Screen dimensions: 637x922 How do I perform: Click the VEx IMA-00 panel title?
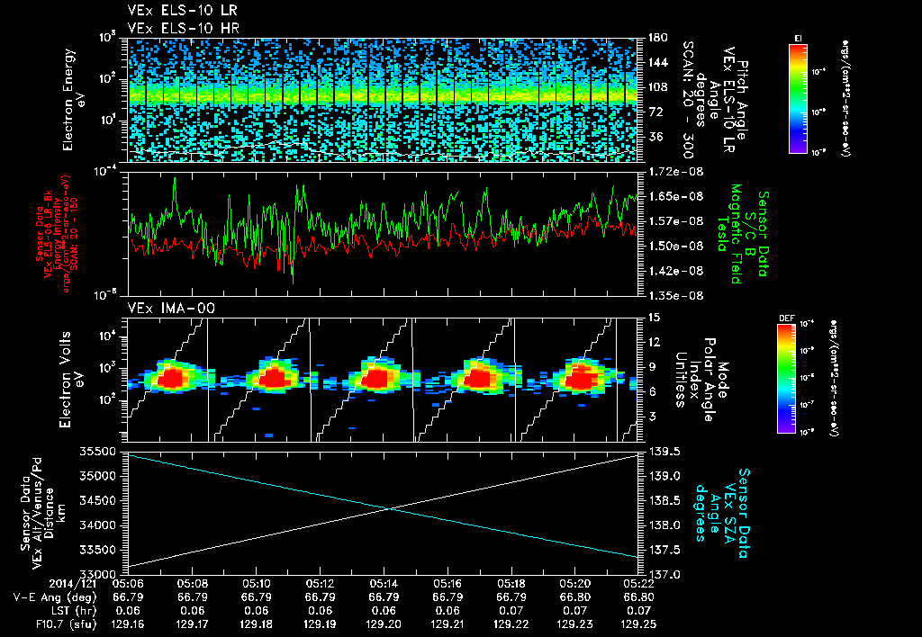point(163,309)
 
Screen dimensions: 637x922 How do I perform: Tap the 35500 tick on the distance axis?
point(101,451)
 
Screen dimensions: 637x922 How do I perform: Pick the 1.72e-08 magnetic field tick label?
point(673,171)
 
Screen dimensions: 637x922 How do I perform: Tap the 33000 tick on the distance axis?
point(101,573)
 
